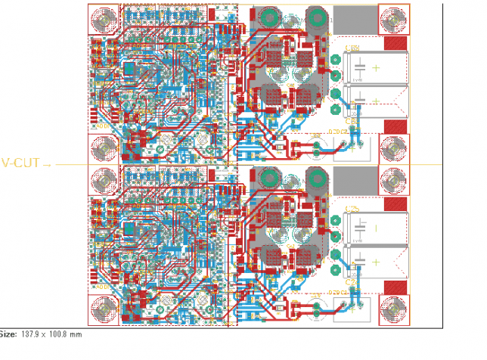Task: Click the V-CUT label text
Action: pos(21,163)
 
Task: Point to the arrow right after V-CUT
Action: pos(48,164)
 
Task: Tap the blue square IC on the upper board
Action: pos(131,70)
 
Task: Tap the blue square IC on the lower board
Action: pos(131,230)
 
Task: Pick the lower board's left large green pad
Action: pos(268,178)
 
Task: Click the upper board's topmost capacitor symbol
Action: pos(361,67)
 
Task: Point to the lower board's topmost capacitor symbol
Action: pos(361,227)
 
